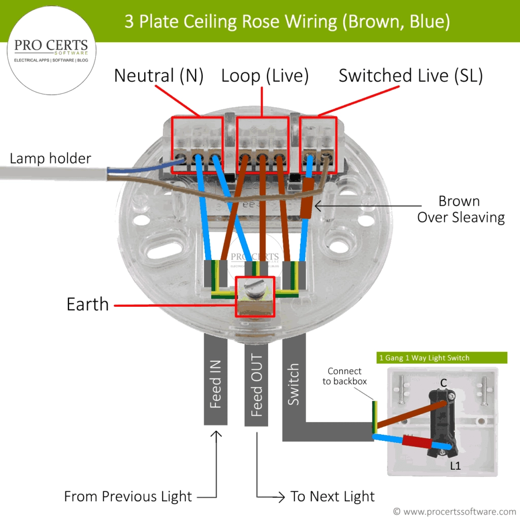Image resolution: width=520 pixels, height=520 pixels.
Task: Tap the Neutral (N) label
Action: pos(158,76)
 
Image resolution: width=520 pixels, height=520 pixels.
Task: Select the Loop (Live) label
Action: pos(265,76)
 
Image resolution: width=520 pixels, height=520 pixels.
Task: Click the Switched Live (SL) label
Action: pos(410,76)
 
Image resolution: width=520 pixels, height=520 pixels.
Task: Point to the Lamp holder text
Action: pos(50,158)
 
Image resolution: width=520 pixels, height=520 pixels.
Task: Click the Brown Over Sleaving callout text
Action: pos(461,209)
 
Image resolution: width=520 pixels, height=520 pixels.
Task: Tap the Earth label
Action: pos(87,304)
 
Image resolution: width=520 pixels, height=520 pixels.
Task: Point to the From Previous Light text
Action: pos(128,496)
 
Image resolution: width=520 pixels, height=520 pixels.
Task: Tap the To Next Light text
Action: pos(332,496)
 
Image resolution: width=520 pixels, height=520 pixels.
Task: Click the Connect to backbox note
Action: pos(344,376)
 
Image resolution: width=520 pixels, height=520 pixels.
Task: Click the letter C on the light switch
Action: pos(443,382)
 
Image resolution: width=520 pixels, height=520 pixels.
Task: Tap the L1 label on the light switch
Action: pos(456,465)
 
